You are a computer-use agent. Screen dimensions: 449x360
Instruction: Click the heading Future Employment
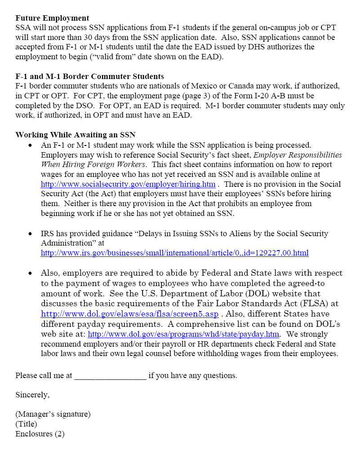click(52, 18)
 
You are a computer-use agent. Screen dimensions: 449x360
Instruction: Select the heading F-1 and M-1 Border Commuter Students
click(89, 76)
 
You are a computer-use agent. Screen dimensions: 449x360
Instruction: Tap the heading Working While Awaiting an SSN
click(75, 135)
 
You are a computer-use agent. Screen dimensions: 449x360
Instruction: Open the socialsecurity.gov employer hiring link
click(128, 184)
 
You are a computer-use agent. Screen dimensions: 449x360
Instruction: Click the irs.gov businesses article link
click(174, 253)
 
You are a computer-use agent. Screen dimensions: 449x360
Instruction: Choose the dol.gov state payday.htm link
click(184, 334)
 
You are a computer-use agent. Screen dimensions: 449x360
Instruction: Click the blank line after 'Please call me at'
click(110, 375)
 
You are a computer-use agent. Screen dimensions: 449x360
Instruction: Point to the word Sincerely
click(32, 395)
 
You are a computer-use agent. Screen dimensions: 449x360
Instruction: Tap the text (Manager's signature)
click(53, 414)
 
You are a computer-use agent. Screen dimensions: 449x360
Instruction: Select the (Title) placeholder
click(26, 424)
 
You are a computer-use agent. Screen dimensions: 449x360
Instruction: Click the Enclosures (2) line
click(40, 434)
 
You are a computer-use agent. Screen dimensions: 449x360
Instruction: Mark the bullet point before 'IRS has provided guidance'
click(30, 234)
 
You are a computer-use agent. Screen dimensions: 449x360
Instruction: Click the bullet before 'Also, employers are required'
click(30, 273)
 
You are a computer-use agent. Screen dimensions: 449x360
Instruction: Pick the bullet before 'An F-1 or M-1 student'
click(30, 145)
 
